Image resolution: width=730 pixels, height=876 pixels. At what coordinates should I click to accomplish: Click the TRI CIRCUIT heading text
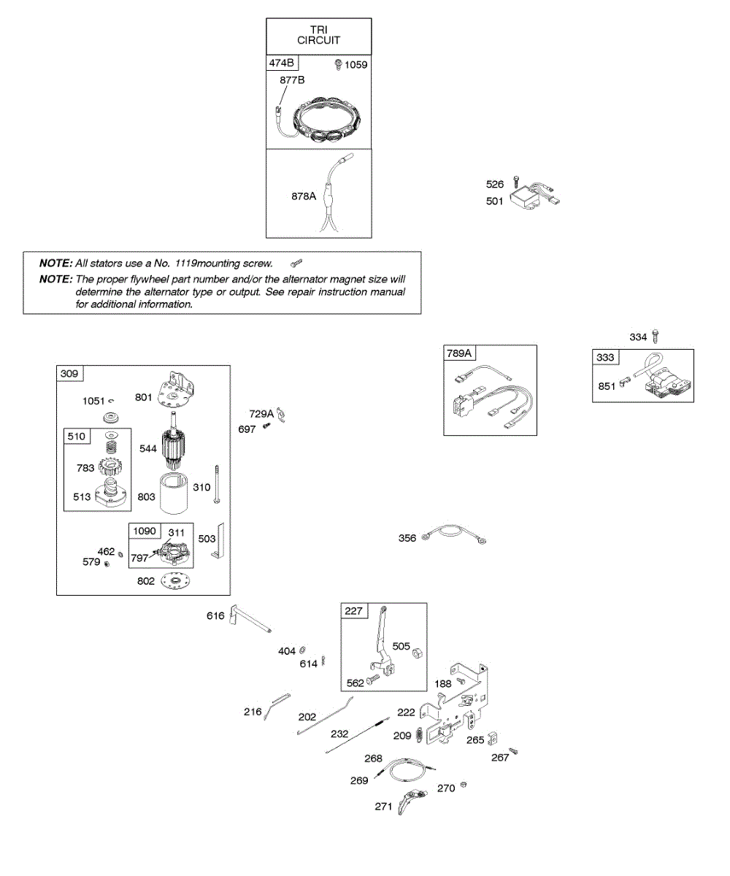(318, 35)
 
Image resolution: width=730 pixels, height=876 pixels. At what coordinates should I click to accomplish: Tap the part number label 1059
(356, 65)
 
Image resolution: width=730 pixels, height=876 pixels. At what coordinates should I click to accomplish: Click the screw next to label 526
(515, 182)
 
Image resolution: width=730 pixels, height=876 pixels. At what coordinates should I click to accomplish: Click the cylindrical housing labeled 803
(174, 493)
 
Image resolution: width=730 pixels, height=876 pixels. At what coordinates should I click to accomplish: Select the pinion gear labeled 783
(110, 466)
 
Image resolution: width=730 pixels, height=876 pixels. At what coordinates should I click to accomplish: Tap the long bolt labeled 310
(217, 484)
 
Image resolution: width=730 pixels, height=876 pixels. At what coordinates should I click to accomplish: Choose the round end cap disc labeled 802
(175, 581)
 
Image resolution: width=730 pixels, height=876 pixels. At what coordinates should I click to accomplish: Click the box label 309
(69, 373)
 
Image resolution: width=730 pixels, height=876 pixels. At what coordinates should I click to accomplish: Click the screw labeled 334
(656, 336)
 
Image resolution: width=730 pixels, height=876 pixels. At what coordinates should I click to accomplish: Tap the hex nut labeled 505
(417, 653)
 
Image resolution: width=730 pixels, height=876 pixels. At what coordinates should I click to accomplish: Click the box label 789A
(459, 353)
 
